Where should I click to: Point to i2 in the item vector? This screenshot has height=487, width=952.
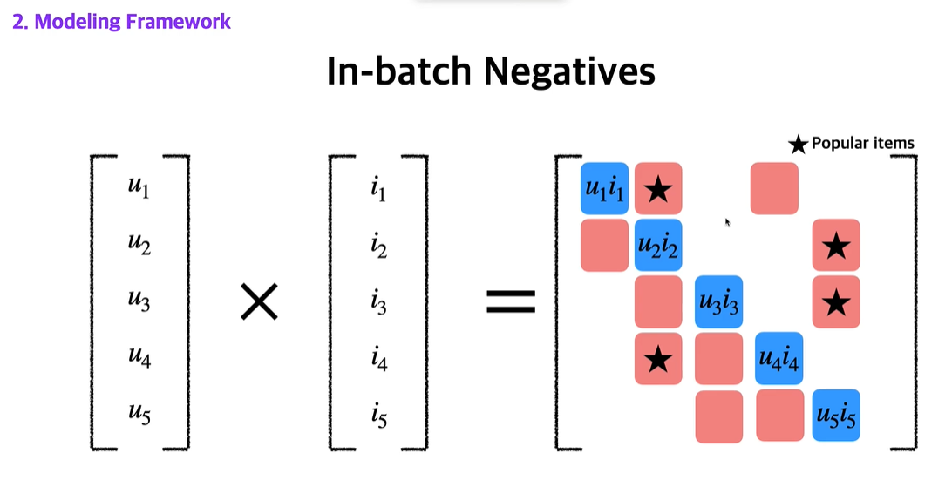pyautogui.click(x=377, y=246)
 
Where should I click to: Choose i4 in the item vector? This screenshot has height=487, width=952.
pyautogui.click(x=377, y=359)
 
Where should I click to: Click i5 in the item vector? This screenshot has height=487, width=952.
pyautogui.click(x=377, y=416)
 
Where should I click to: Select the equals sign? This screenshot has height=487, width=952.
pyautogui.click(x=509, y=302)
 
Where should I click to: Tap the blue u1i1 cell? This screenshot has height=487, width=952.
pyautogui.click(x=604, y=188)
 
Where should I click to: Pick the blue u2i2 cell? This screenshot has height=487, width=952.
pyautogui.click(x=658, y=245)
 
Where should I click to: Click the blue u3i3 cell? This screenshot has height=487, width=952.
pyautogui.click(x=718, y=301)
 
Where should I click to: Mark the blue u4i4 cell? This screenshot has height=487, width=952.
pyautogui.click(x=779, y=358)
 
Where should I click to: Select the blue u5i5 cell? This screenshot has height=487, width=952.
pyautogui.click(x=836, y=414)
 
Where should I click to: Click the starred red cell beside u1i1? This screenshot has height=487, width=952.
pyautogui.click(x=659, y=188)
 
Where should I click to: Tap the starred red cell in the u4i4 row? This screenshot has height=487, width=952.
pyautogui.click(x=659, y=358)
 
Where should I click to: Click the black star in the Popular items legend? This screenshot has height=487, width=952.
pyautogui.click(x=798, y=145)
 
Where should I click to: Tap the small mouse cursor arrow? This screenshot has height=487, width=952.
pyautogui.click(x=727, y=222)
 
